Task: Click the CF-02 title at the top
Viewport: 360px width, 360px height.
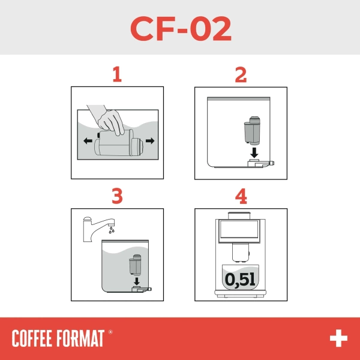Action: click(180, 28)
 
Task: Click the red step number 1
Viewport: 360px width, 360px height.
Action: click(117, 75)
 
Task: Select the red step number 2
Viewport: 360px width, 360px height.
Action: click(241, 75)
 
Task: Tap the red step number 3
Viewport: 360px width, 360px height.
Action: click(117, 196)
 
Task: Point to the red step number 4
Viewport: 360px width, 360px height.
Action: click(241, 196)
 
